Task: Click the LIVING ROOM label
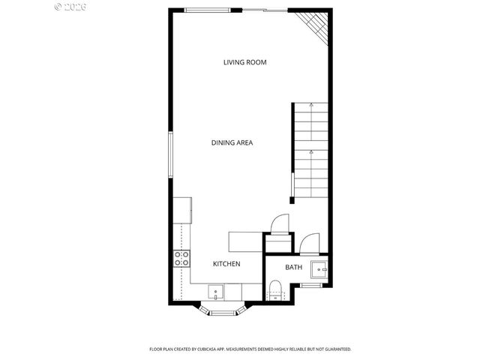pos(244,62)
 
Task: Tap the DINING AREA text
pos(231,142)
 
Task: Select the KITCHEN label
pos(226,264)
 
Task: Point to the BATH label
pos(293,267)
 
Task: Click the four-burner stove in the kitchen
pos(181,259)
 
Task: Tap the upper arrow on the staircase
pos(311,109)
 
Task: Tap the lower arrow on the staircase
pos(311,153)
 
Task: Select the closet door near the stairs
pos(277,223)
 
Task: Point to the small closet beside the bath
pos(277,244)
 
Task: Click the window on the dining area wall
pos(172,156)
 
